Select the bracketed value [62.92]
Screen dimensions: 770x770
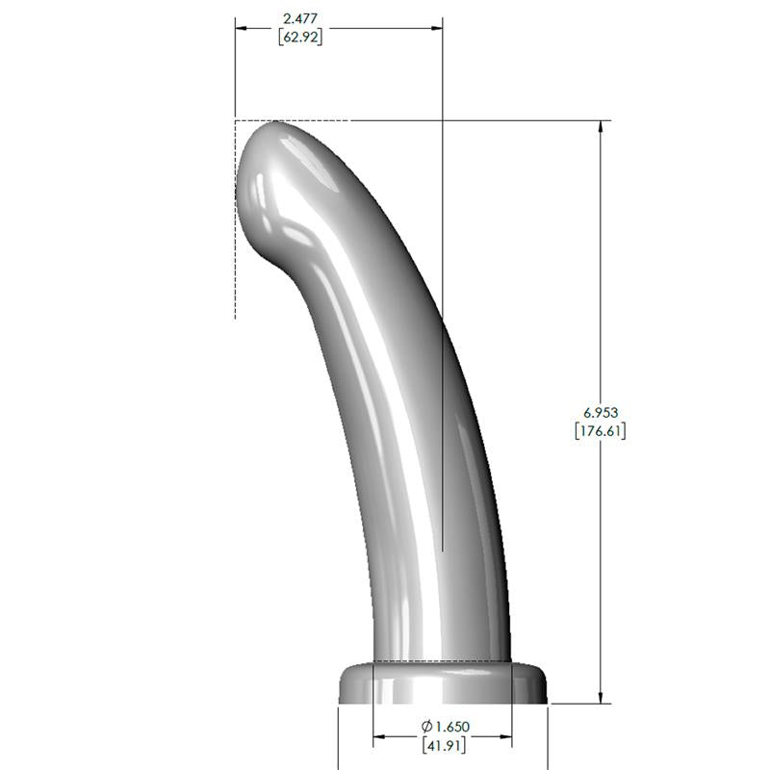298,38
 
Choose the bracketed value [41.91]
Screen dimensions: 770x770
443,745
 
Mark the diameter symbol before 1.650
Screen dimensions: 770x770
426,727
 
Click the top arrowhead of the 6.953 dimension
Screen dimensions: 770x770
602,127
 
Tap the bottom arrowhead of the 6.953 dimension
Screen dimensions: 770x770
602,697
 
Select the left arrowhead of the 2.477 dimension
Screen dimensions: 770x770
242,28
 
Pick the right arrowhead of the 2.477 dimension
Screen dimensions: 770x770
437,28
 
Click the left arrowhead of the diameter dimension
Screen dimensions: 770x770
380,737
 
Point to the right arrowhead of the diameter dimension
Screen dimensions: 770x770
505,737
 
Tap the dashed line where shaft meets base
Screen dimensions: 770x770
443,661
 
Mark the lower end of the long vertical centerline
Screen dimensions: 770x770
443,549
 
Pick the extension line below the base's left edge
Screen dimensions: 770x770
338,736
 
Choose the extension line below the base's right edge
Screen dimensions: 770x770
548,736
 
